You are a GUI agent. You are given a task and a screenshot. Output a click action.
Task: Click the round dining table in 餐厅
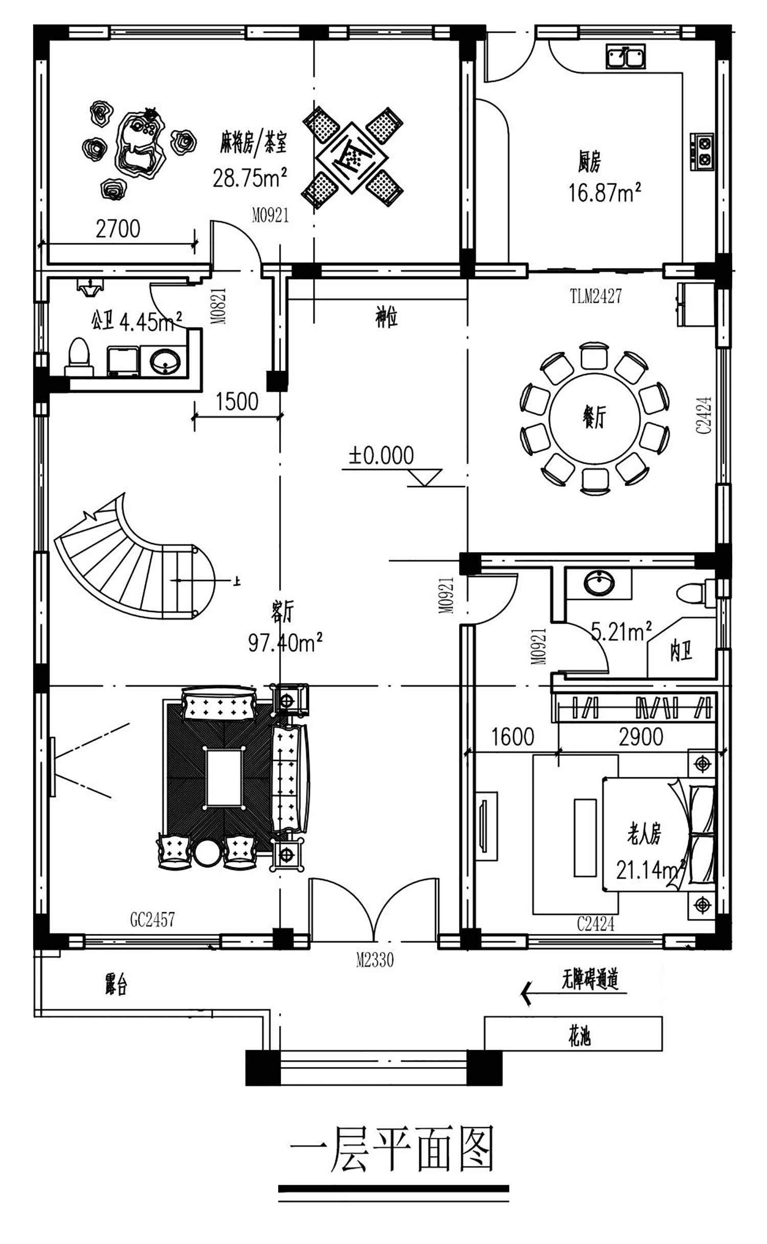tap(594, 419)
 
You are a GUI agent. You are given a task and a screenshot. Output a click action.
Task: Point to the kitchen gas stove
tap(702, 151)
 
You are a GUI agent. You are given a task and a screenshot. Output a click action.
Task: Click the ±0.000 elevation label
tap(381, 455)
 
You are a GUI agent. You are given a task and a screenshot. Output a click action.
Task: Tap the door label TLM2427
tap(596, 296)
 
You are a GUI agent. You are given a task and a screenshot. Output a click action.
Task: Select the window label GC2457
tap(152, 920)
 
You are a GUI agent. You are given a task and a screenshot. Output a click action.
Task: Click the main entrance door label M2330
tap(375, 960)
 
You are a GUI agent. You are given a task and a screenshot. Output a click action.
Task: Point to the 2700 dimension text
tap(118, 229)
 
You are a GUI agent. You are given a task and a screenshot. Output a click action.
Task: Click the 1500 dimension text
tap(237, 402)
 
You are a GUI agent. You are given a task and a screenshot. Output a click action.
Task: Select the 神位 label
tap(387, 317)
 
